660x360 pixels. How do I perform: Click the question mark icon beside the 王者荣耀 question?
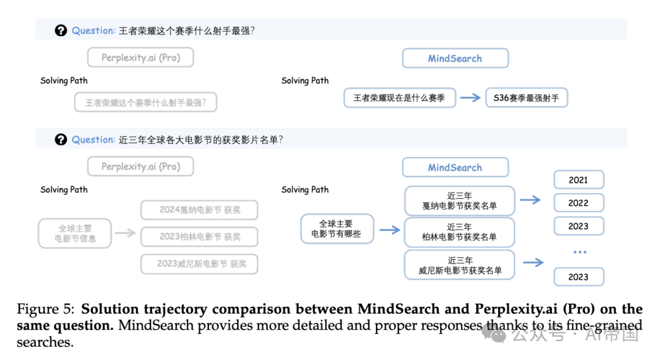[61, 31]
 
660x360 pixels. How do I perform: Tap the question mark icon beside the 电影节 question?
[61, 140]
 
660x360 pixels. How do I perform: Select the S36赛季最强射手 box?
[526, 98]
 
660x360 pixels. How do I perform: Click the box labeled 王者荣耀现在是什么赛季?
[400, 98]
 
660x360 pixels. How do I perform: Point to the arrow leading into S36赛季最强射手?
[471, 98]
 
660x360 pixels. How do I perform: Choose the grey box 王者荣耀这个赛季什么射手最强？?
[145, 103]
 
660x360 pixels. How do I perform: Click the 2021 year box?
[578, 180]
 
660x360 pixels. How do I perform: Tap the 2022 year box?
[578, 203]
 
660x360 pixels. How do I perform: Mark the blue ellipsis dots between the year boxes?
[579, 252]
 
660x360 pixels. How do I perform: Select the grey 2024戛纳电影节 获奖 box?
[199, 210]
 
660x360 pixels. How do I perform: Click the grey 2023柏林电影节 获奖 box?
[199, 237]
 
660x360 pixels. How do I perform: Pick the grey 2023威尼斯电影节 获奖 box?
[199, 264]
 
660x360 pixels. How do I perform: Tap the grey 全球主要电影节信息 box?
[75, 233]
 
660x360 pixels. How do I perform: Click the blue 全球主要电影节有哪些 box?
[336, 229]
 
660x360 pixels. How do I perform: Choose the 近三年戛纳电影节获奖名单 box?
[460, 201]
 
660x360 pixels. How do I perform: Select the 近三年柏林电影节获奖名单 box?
[460, 232]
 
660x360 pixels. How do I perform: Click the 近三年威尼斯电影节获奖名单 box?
[460, 265]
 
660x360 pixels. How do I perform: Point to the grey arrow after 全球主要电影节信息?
[125, 232]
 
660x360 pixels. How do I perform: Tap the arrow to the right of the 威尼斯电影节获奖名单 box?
[533, 263]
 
